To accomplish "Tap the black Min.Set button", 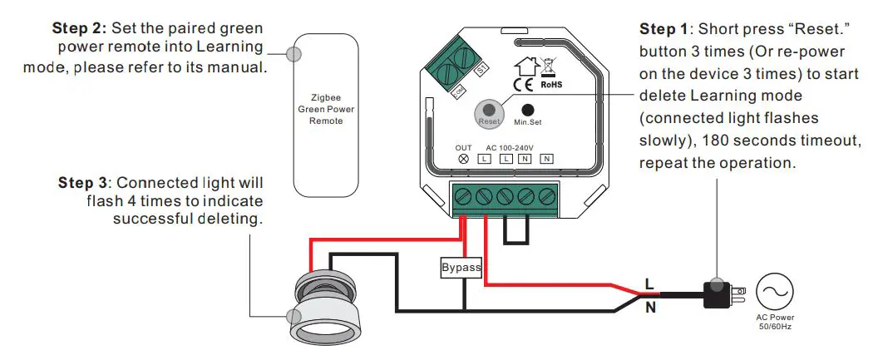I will (x=527, y=109).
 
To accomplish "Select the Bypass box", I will (x=461, y=268).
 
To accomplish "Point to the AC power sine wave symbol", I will (x=775, y=293).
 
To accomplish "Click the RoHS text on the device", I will (x=553, y=84).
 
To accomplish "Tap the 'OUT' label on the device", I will (x=463, y=147).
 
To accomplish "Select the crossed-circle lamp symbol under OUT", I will (x=463, y=159).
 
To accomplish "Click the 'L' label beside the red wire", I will (x=649, y=284).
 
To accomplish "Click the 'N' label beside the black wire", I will (x=649, y=308).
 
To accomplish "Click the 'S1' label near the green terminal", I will (x=481, y=72).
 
